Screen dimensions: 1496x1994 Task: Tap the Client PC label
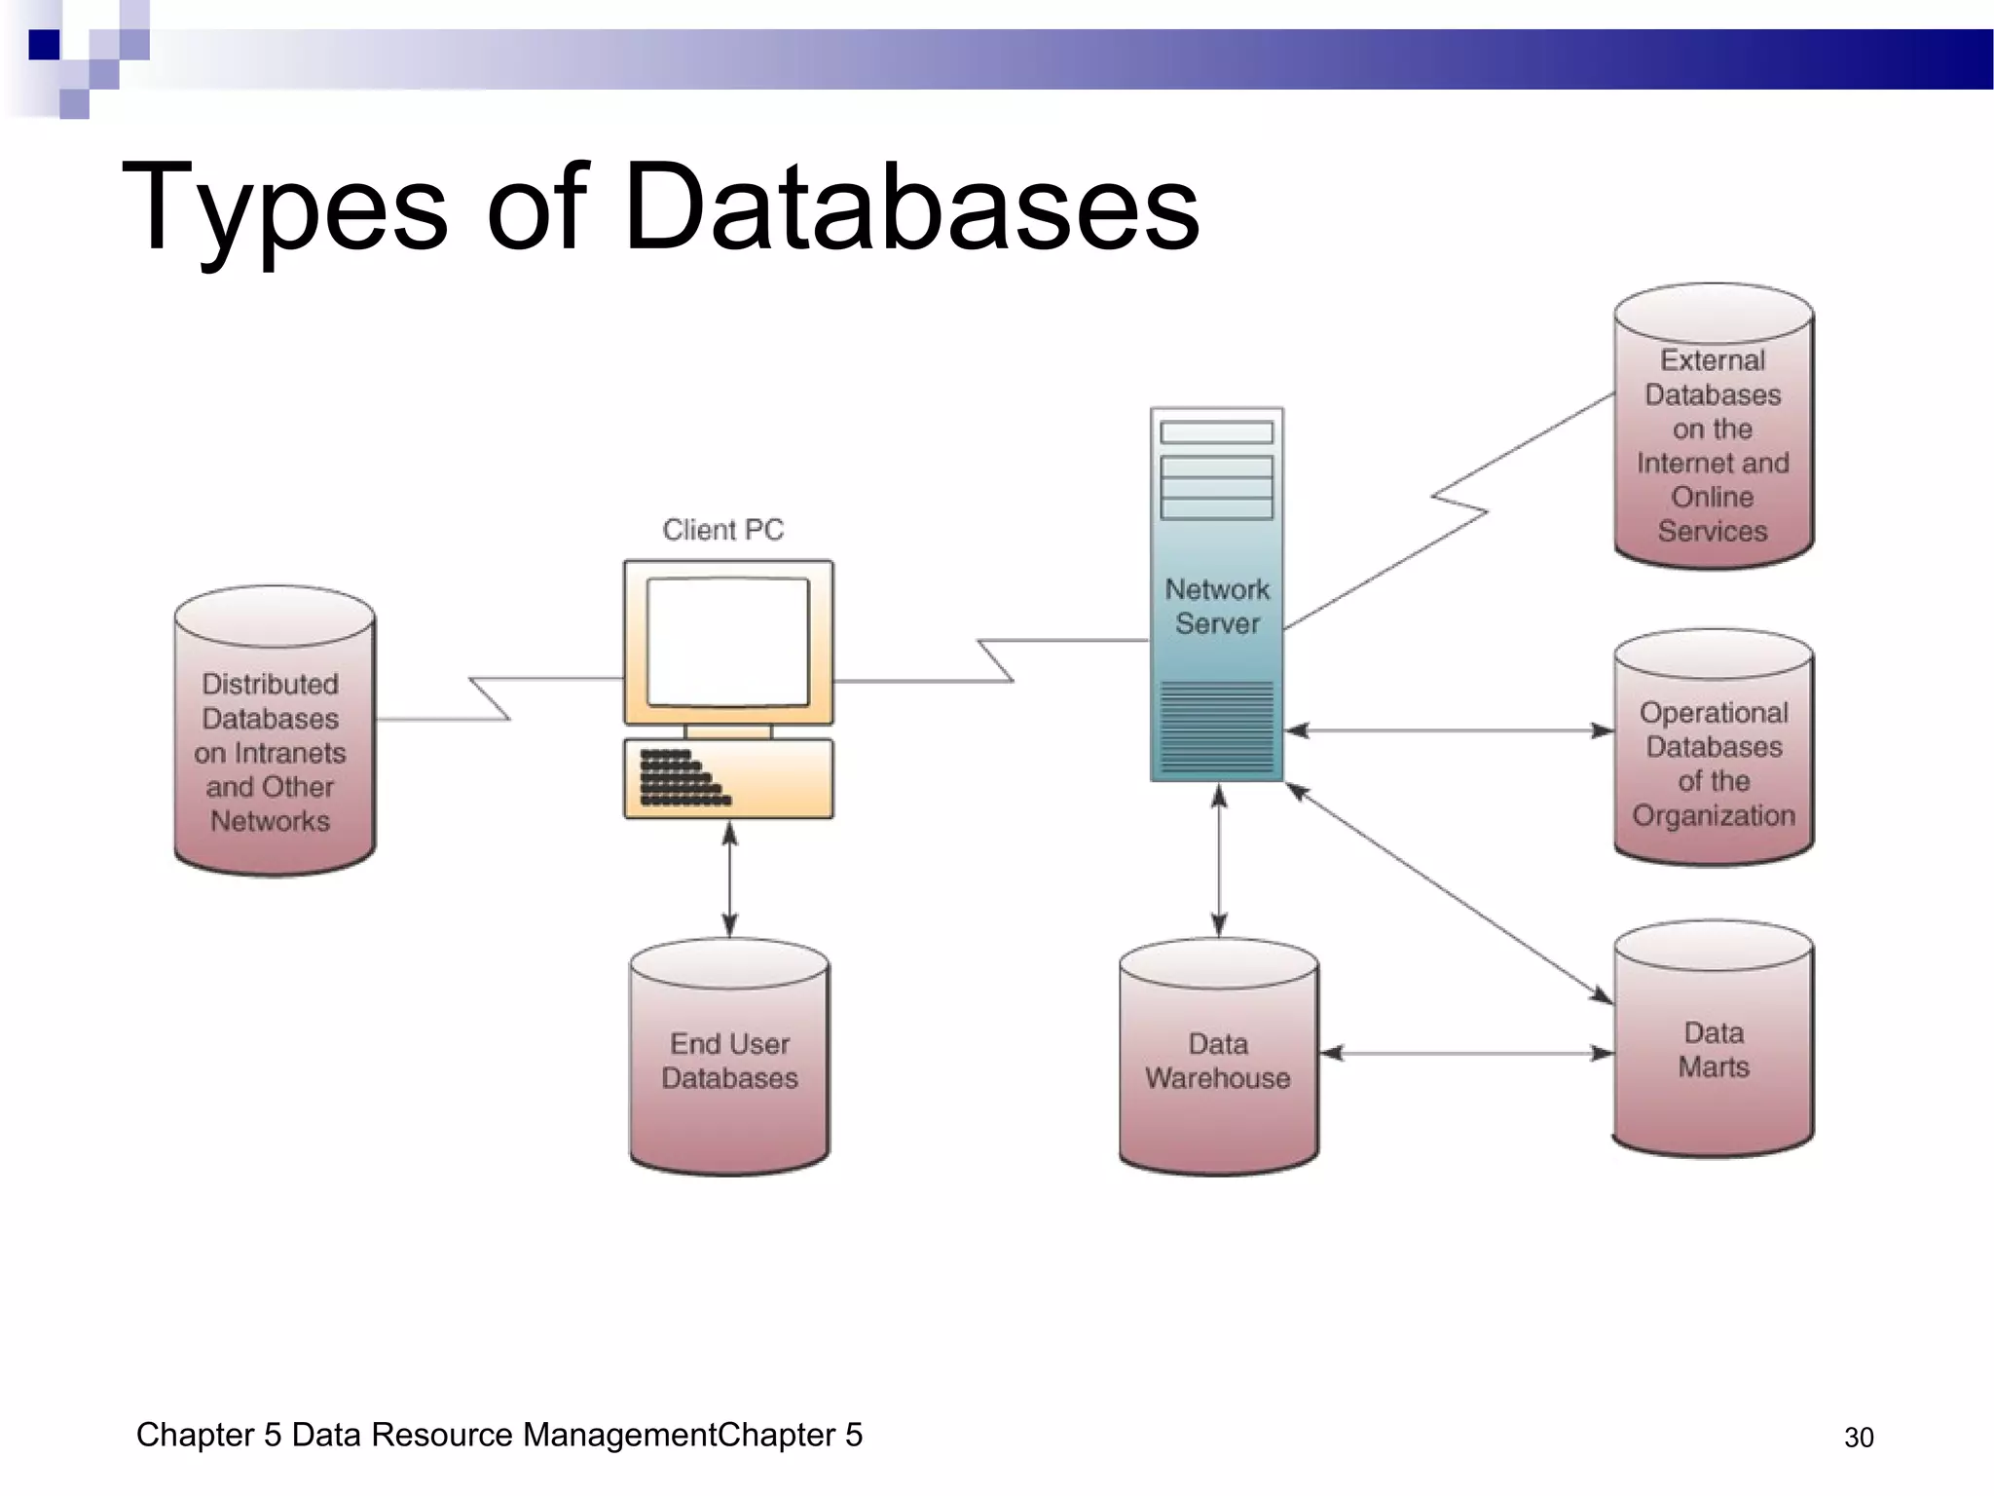[722, 530]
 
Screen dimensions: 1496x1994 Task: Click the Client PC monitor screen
[728, 642]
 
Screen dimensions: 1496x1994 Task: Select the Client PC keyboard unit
[728, 779]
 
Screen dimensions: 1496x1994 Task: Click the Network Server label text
[1217, 606]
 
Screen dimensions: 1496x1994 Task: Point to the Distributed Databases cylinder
[274, 732]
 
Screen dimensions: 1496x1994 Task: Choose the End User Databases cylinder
[729, 1059]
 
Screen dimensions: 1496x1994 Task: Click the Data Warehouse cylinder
[1218, 1059]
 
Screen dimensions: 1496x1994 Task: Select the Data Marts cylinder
[1713, 1041]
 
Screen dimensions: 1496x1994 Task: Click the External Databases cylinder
[1713, 429]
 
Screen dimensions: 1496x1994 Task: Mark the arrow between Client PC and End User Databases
[730, 879]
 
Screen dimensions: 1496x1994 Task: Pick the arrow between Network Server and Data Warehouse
[1219, 862]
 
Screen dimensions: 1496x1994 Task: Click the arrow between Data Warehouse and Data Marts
[1466, 1053]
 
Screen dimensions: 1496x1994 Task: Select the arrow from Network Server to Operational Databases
[1449, 730]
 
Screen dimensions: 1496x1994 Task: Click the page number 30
[1858, 1438]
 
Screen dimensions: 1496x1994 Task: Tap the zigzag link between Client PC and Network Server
[993, 660]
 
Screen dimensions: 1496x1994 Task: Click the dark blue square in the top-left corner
[44, 45]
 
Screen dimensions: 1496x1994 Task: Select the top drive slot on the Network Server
[1217, 432]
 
